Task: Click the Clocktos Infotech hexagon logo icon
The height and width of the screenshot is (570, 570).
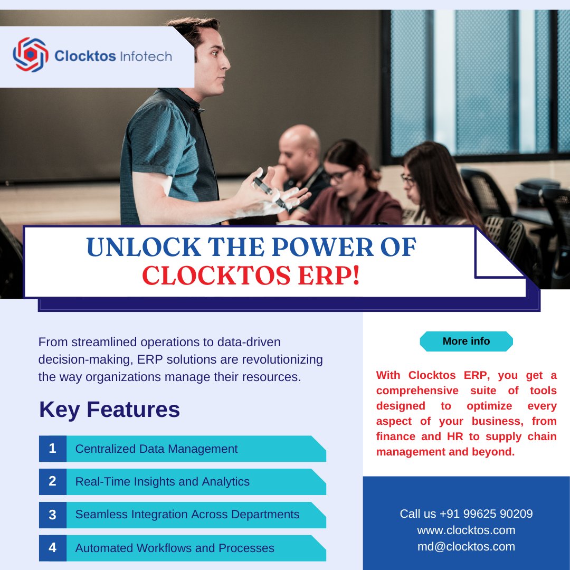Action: point(31,54)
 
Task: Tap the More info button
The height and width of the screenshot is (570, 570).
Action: point(466,341)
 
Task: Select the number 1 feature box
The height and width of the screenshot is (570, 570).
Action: point(52,449)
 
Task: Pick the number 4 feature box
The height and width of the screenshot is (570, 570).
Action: point(52,548)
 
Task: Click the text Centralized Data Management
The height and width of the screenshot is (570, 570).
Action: point(156,449)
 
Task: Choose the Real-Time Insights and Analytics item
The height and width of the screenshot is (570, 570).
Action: point(162,482)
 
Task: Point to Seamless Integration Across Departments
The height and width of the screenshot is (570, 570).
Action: point(187,515)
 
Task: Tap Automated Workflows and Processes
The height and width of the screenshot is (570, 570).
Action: point(175,548)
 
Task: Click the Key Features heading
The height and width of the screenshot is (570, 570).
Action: point(109,410)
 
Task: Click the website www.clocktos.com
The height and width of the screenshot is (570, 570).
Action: point(466,530)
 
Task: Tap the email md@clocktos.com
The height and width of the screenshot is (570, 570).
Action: point(466,547)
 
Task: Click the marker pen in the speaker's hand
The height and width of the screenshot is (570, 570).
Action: point(269,192)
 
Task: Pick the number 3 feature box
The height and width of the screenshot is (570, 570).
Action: point(52,515)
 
